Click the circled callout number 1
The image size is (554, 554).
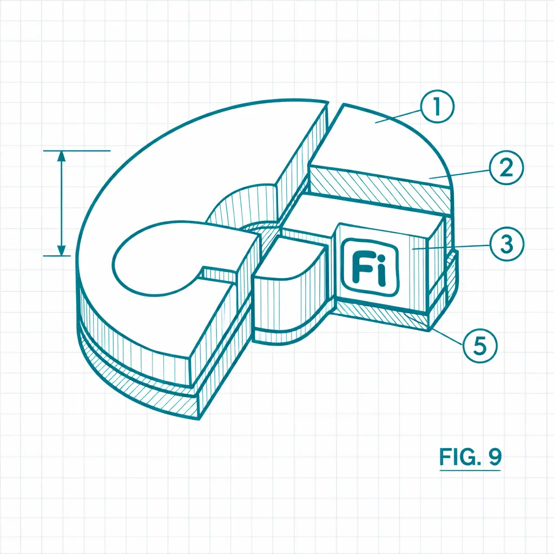(x=437, y=107)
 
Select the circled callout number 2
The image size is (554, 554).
(x=506, y=168)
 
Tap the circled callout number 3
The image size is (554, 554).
(x=506, y=244)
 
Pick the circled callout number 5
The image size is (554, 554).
(x=480, y=345)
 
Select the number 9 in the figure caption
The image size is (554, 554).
(x=495, y=457)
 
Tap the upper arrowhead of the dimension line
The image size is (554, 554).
(x=62, y=156)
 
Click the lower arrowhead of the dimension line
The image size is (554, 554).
(x=62, y=250)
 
